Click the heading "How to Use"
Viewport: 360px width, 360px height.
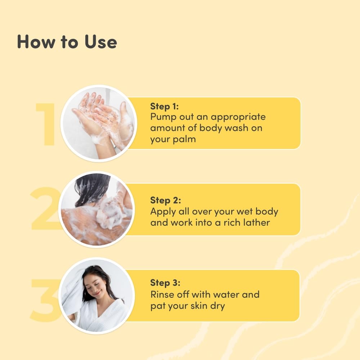[x=67, y=42]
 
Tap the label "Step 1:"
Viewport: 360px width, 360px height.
[x=165, y=106]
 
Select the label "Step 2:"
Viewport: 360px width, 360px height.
[x=166, y=201]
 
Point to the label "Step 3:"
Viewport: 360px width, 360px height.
[x=165, y=283]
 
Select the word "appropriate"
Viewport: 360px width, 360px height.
[x=238, y=117]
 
